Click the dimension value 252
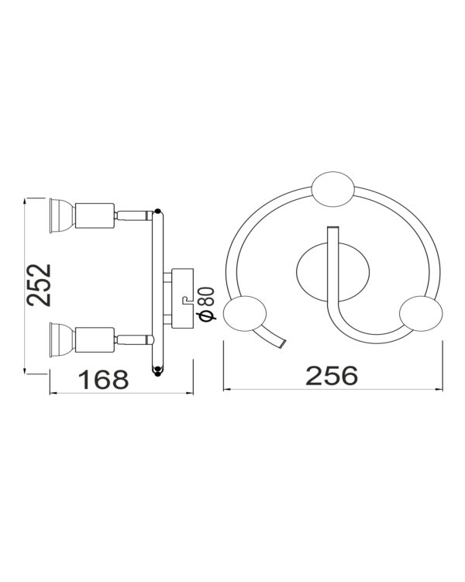[39, 286]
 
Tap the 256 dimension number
[332, 375]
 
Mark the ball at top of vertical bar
[158, 210]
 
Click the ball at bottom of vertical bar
[158, 370]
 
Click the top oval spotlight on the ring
[332, 188]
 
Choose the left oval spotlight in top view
[245, 314]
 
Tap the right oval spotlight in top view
[422, 314]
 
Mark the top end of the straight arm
[333, 230]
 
